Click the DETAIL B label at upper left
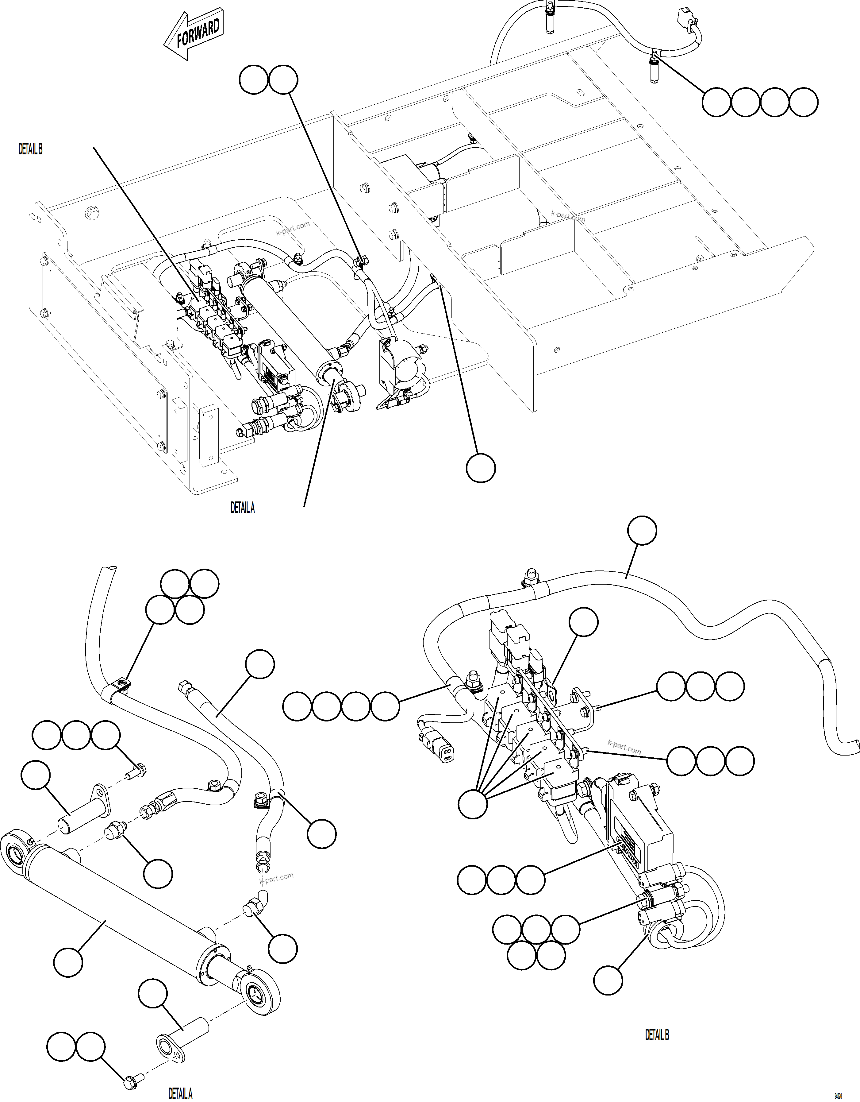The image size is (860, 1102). click(30, 149)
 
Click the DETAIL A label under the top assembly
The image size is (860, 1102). click(243, 508)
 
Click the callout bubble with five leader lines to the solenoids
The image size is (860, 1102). click(473, 804)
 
